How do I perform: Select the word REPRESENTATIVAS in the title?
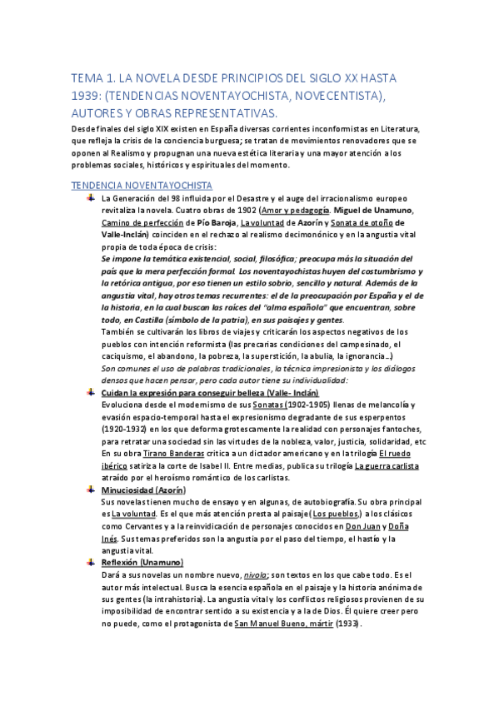[214, 112]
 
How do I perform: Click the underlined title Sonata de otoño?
[357, 223]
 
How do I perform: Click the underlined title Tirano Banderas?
[173, 454]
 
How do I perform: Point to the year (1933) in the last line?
[350, 624]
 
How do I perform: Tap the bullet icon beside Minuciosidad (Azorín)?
[91, 490]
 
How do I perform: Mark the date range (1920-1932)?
[123, 430]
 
